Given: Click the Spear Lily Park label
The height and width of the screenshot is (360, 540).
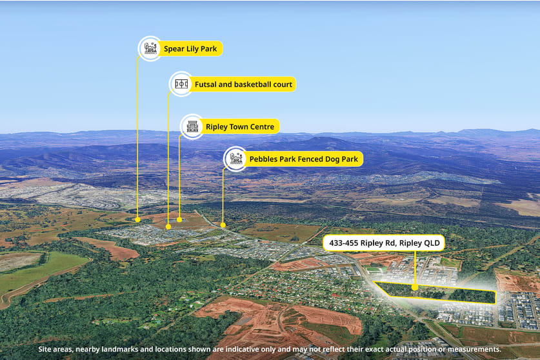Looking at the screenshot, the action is pyautogui.click(x=190, y=48).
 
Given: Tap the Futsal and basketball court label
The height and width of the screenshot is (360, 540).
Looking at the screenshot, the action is pyautogui.click(x=243, y=85).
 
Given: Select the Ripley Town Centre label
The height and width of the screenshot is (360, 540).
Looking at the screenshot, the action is pyautogui.click(x=240, y=127).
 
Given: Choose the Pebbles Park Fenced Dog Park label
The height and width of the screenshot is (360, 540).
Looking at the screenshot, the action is pyautogui.click(x=303, y=159).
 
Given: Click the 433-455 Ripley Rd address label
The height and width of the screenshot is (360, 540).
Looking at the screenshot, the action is pyautogui.click(x=384, y=243).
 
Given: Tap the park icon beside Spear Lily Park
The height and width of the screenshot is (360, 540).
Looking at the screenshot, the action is pyautogui.click(x=150, y=48).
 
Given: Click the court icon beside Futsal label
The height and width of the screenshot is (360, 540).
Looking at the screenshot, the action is pyautogui.click(x=181, y=84).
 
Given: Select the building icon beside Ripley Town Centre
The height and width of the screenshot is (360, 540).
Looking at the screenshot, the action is pyautogui.click(x=192, y=126).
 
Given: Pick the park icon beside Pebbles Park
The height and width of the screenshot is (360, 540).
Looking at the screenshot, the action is pyautogui.click(x=235, y=159).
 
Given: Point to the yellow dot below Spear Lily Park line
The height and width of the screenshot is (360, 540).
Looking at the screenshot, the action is pyautogui.click(x=138, y=220).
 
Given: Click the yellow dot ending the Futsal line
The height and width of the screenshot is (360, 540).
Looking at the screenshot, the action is pyautogui.click(x=168, y=226).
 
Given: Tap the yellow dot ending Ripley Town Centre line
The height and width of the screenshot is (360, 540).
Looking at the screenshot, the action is pyautogui.click(x=179, y=220).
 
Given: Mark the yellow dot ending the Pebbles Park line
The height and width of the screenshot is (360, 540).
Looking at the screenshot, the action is pyautogui.click(x=223, y=225).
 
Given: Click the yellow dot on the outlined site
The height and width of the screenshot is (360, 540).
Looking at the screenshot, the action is pyautogui.click(x=415, y=287).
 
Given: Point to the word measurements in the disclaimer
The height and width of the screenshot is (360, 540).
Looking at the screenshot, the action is pyautogui.click(x=475, y=349).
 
